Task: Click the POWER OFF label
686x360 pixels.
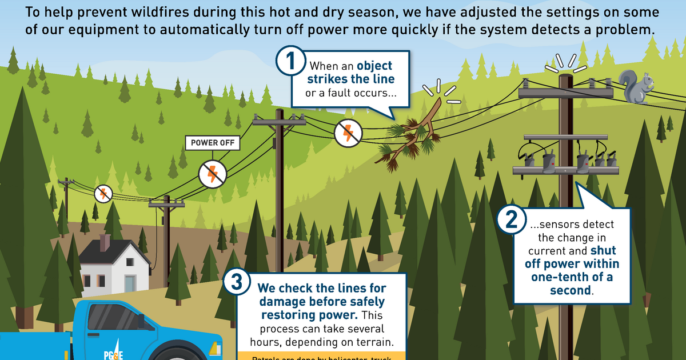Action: click(x=213, y=142)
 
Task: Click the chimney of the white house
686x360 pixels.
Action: click(x=105, y=242)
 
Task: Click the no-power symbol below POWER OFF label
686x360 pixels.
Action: click(x=213, y=174)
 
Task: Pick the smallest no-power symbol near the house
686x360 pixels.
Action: click(x=103, y=193)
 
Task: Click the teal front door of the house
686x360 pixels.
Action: click(x=130, y=283)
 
